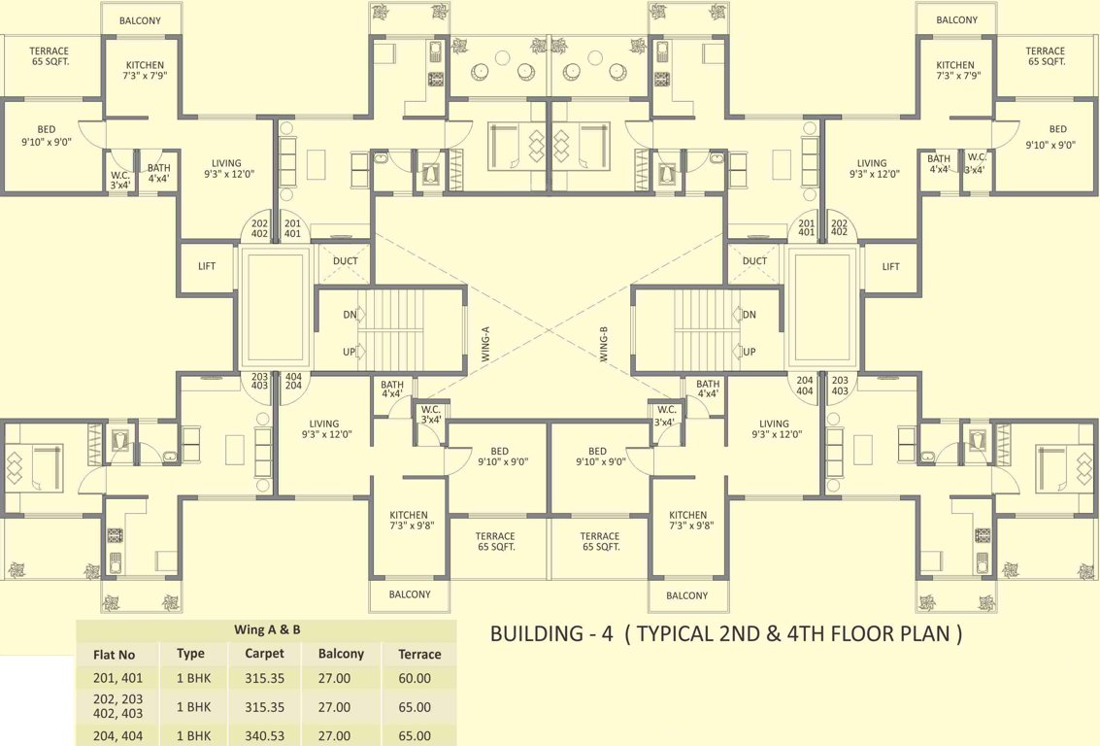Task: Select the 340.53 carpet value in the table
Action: (x=264, y=736)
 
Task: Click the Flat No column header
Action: (x=114, y=654)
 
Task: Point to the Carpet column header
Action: (x=264, y=654)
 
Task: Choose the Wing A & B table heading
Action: (x=267, y=629)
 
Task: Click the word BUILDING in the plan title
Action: (x=535, y=634)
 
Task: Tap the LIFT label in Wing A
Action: (x=207, y=266)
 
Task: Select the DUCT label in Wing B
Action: (x=754, y=260)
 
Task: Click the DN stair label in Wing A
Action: (x=350, y=315)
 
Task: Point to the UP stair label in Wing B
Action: (x=750, y=352)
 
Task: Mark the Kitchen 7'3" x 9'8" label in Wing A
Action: (x=409, y=521)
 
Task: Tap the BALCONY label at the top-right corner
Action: (x=957, y=20)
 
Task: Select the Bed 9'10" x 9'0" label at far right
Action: (x=1057, y=137)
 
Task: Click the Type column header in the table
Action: (x=190, y=654)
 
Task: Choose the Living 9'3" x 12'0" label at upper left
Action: (x=222, y=169)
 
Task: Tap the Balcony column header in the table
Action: (x=341, y=654)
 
